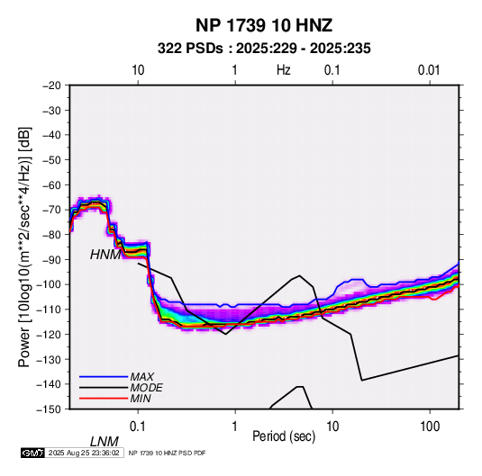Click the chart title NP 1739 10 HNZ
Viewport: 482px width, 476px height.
[x=264, y=25]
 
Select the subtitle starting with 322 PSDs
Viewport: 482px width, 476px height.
[x=264, y=49]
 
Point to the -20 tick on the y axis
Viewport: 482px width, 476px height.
[x=51, y=85]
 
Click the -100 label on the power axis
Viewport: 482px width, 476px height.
[x=49, y=284]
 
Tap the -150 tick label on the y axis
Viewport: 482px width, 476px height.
[x=49, y=409]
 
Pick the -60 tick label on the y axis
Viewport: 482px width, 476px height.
[x=51, y=184]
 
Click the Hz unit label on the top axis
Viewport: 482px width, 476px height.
[x=284, y=70]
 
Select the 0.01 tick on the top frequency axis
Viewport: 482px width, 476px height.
[x=429, y=70]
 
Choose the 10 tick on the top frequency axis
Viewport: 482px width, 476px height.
[x=138, y=70]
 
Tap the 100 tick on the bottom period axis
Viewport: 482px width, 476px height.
[x=430, y=427]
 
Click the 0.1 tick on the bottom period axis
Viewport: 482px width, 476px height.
[x=138, y=427]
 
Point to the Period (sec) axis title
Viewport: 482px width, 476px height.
[x=284, y=436]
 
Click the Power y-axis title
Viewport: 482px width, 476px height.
[x=24, y=247]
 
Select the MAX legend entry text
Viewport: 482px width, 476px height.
[x=141, y=377]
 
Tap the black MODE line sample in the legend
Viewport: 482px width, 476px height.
[x=104, y=388]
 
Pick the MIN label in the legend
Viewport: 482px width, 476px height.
[x=141, y=399]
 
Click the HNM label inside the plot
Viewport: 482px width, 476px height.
[x=105, y=255]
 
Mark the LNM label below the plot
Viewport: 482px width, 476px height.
[x=105, y=442]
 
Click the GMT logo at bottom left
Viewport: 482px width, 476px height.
[x=33, y=453]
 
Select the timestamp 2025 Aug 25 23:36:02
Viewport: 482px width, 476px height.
[x=84, y=453]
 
